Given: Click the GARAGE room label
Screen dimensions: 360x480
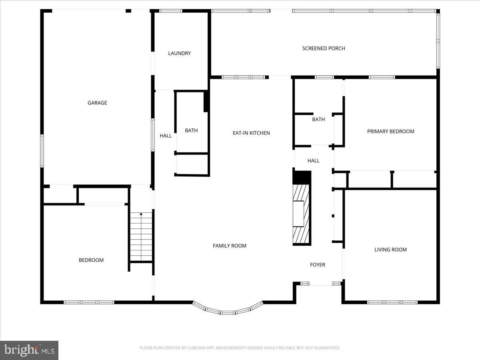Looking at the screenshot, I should coord(97,103).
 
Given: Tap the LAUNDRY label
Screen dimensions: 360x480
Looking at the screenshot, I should coord(179,53).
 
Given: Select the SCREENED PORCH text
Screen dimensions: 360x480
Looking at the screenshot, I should coord(323,48).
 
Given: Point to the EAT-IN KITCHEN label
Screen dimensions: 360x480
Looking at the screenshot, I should coord(251,133).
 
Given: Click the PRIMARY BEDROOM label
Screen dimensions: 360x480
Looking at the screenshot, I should coord(390,131).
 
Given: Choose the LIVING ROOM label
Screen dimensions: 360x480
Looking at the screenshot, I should coord(390,250).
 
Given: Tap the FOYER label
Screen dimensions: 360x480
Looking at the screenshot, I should coord(318,265).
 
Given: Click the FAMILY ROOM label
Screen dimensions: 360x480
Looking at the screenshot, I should coord(230,246).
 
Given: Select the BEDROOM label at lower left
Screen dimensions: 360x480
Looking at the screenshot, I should coord(91,260).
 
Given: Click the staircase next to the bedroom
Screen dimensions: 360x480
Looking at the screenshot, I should coord(141,238).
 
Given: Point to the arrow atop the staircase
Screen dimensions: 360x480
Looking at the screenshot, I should coord(141,214).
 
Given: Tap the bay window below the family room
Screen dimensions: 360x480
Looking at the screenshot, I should coord(228,310).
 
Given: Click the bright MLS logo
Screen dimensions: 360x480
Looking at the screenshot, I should coord(29,350).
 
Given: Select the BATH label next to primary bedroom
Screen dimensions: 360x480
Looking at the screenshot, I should coord(318,119).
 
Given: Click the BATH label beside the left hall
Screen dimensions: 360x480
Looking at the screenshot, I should coord(191,130).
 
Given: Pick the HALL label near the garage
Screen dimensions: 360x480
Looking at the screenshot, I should coord(166,136).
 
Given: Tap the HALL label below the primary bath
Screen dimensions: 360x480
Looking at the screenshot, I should coord(313,160).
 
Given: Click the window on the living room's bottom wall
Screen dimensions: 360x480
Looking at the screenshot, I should coord(392,302).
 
